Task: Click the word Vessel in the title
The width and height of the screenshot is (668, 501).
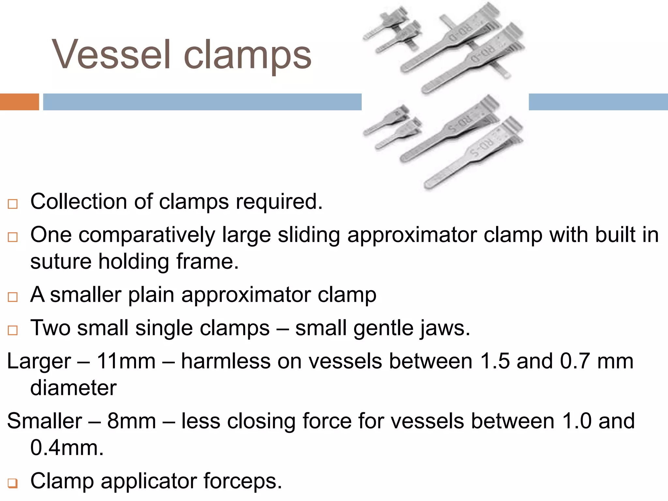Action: [x=111, y=54]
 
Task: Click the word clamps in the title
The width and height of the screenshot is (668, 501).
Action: [x=247, y=55]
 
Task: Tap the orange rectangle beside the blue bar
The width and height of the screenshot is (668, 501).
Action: [x=19, y=102]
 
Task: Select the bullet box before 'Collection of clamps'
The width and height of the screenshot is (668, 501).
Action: [x=13, y=204]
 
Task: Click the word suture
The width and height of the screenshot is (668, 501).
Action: [x=61, y=262]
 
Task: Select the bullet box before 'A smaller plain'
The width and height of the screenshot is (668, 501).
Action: [x=13, y=297]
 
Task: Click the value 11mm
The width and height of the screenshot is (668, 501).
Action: [x=126, y=361]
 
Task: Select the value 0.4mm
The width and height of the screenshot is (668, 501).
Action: [x=67, y=448]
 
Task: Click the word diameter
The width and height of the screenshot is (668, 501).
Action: [x=73, y=388]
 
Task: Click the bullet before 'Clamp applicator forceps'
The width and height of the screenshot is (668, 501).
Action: [x=13, y=483]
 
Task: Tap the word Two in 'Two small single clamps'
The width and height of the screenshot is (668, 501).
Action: [x=50, y=328]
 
